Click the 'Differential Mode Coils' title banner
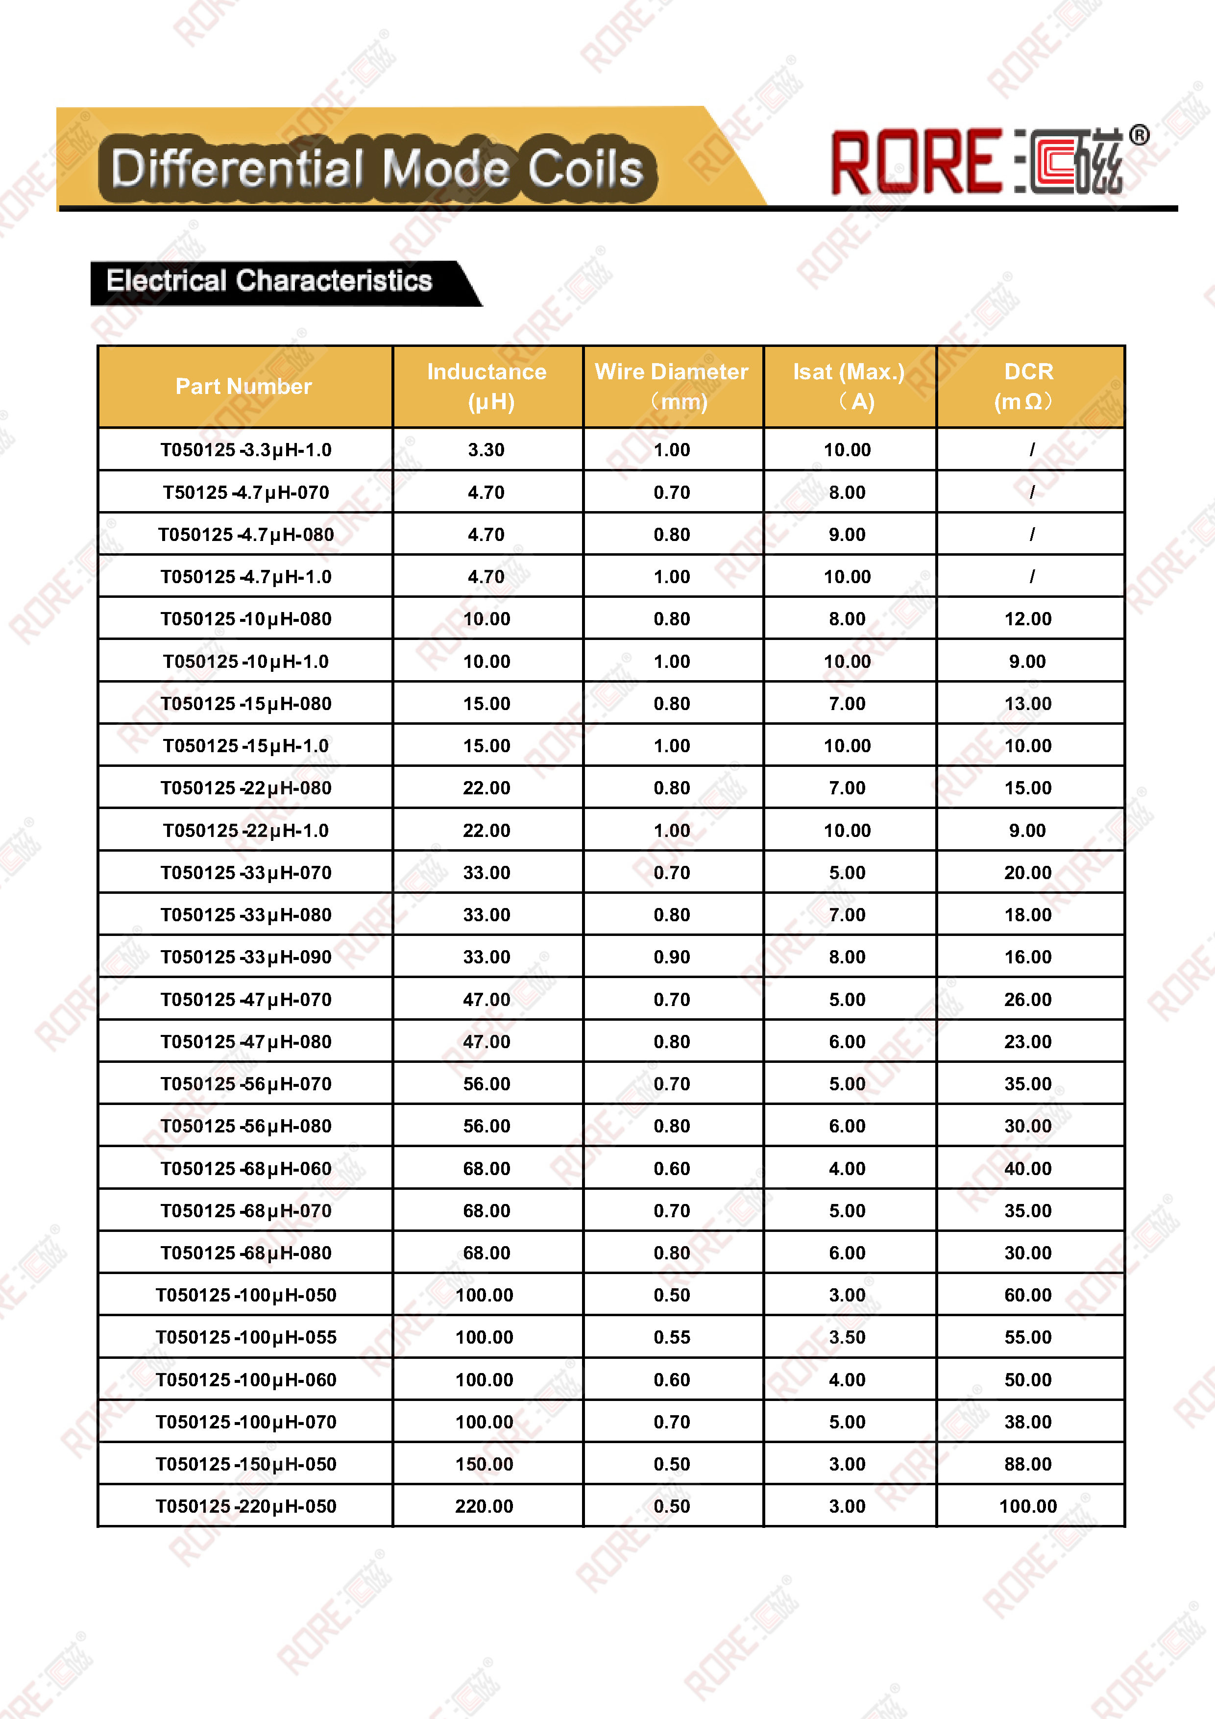(377, 167)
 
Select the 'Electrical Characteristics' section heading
(269, 281)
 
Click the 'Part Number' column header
(244, 386)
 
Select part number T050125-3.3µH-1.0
(245, 450)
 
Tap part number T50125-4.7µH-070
(245, 492)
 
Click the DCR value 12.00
(1028, 619)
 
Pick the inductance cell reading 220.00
(485, 1506)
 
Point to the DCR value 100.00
(1028, 1506)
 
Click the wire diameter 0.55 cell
(672, 1337)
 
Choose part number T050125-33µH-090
(245, 957)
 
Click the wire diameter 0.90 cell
(672, 957)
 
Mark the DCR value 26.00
(1028, 1000)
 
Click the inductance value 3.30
(486, 450)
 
